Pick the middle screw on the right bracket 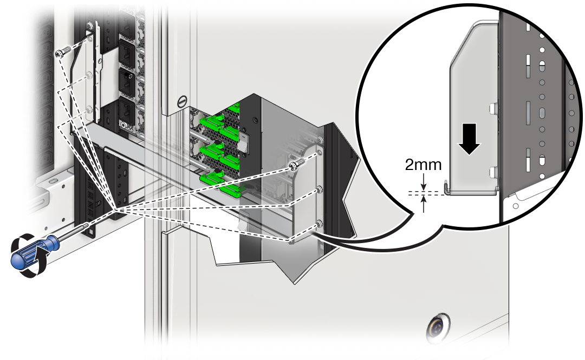(x=319, y=190)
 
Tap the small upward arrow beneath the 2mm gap (x=424, y=202)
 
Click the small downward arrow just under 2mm (x=424, y=184)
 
